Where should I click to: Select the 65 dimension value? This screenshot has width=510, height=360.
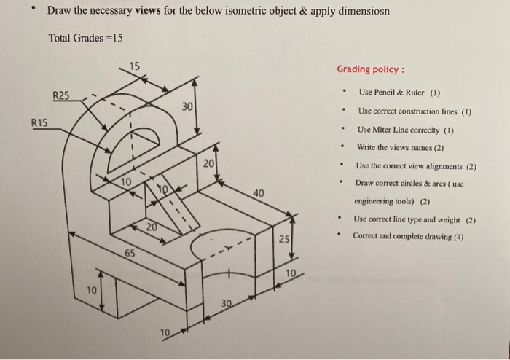[x=129, y=253]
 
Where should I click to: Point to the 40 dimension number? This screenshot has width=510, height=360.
[x=259, y=193]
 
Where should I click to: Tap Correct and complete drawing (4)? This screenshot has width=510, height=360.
[x=410, y=236]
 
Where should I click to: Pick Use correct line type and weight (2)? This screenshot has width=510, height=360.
[x=415, y=219]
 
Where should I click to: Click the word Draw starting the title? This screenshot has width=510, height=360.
[x=60, y=12]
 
